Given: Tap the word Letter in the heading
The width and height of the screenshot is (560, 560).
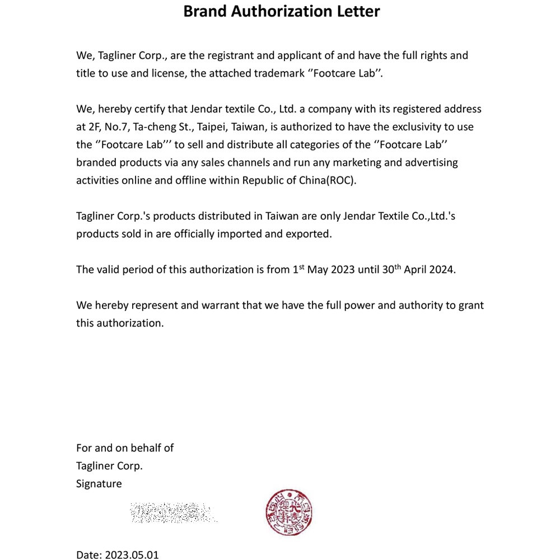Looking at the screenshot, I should [x=358, y=11].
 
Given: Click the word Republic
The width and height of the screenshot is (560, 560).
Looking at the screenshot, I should [x=263, y=181].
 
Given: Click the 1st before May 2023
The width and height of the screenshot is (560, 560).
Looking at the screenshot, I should [x=298, y=269].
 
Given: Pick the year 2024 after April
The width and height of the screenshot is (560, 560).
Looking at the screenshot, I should [x=442, y=269].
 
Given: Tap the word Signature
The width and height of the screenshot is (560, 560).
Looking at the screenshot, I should [x=99, y=484].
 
